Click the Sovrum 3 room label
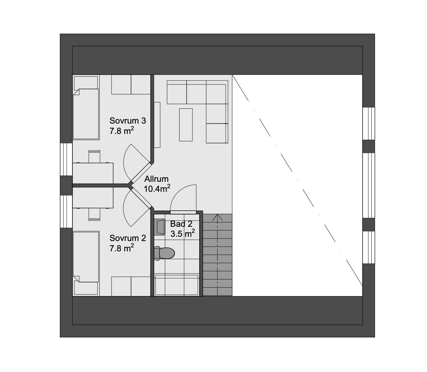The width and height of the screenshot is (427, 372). [127, 121]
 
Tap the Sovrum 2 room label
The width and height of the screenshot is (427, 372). [127, 238]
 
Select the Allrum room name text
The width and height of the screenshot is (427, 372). [156, 179]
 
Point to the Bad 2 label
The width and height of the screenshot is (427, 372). [181, 224]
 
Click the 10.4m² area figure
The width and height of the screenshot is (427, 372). [157, 189]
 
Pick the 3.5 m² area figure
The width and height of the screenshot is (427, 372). [183, 234]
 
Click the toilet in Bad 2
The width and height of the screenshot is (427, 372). [164, 253]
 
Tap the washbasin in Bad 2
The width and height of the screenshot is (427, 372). [160, 227]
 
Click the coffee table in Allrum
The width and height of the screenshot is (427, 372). [186, 125]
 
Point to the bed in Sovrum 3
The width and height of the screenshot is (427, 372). [86, 108]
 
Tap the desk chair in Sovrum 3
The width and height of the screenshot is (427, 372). [94, 157]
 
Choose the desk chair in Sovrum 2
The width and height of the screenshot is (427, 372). [94, 214]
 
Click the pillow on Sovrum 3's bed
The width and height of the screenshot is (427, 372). [86, 83]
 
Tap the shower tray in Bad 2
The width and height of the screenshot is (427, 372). [177, 285]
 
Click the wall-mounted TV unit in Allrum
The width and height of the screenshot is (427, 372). [157, 125]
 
